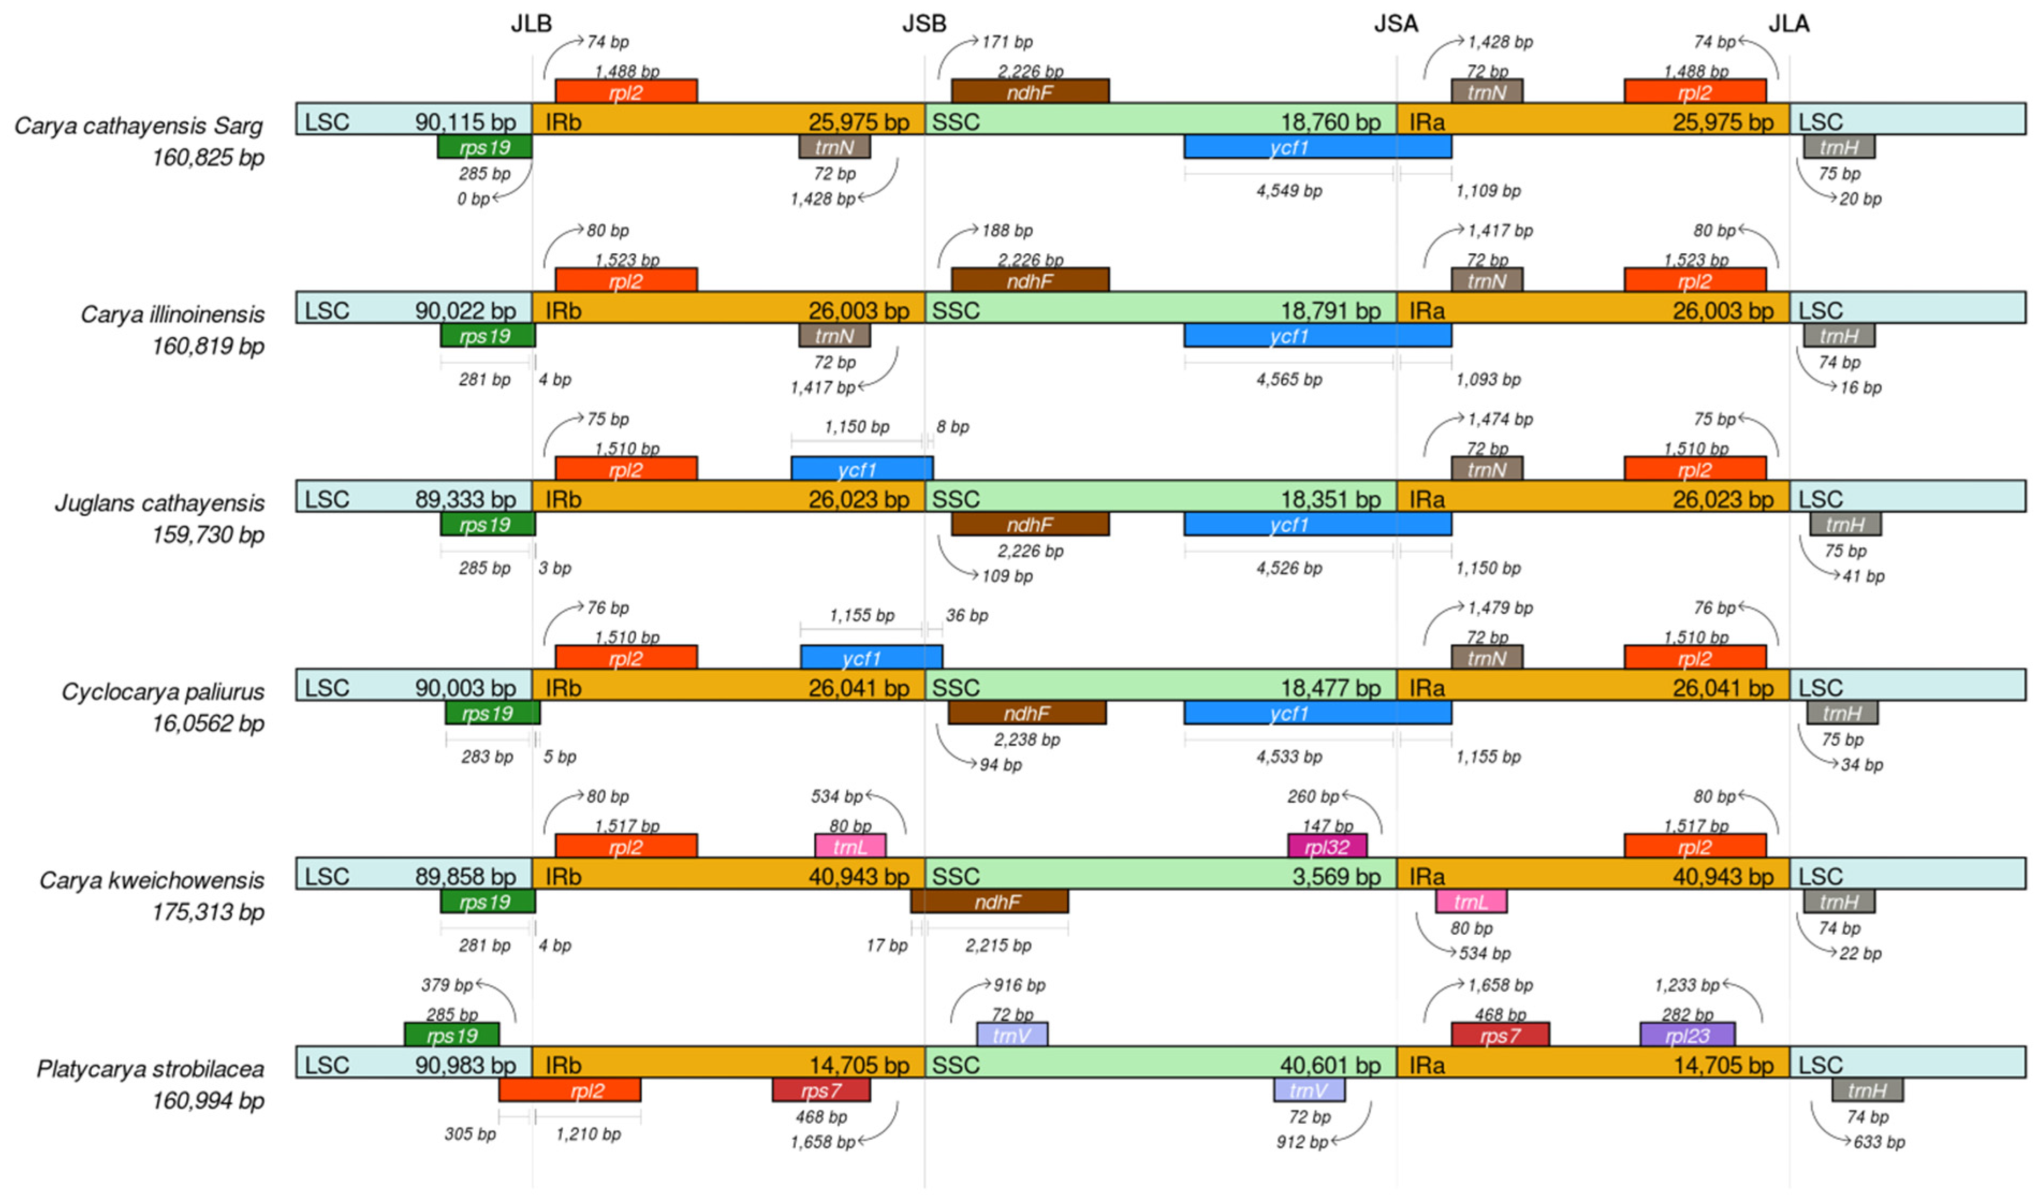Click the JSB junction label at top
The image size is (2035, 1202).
pyautogui.click(x=923, y=24)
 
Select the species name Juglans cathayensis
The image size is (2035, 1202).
pyautogui.click(x=159, y=503)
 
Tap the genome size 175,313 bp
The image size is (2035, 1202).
pyautogui.click(x=208, y=912)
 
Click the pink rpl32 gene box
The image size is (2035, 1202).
pyautogui.click(x=1326, y=846)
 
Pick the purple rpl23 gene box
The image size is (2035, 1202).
pyautogui.click(x=1687, y=1035)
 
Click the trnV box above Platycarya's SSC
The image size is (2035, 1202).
pyautogui.click(x=1011, y=1035)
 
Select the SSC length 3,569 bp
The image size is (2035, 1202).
pyautogui.click(x=1335, y=876)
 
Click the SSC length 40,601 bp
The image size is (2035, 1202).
pyautogui.click(x=1329, y=1065)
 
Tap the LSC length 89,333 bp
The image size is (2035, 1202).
pyautogui.click(x=465, y=499)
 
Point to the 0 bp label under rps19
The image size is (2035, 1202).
pyautogui.click(x=472, y=199)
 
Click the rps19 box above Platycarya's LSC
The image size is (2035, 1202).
pyautogui.click(x=451, y=1035)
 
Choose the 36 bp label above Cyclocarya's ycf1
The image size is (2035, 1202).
pyautogui.click(x=966, y=615)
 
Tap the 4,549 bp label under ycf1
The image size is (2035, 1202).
pyautogui.click(x=1288, y=191)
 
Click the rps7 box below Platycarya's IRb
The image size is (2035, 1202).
pyautogui.click(x=820, y=1091)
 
